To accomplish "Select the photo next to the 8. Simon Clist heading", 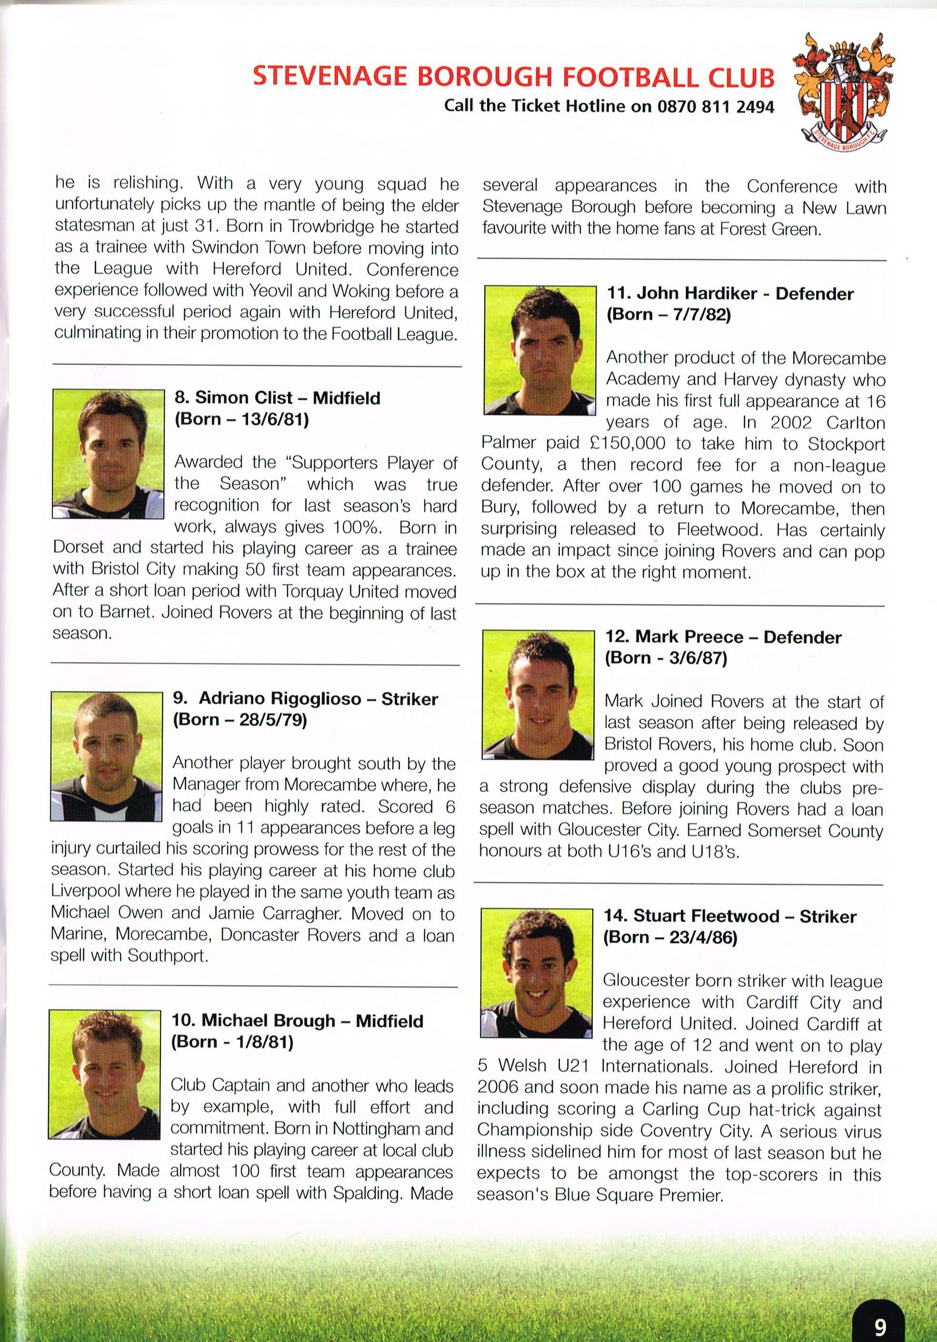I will (109, 453).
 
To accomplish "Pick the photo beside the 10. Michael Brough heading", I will (104, 1074).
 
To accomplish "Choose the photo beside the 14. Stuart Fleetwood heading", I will (537, 972).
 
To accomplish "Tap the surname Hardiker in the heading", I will (719, 293).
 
